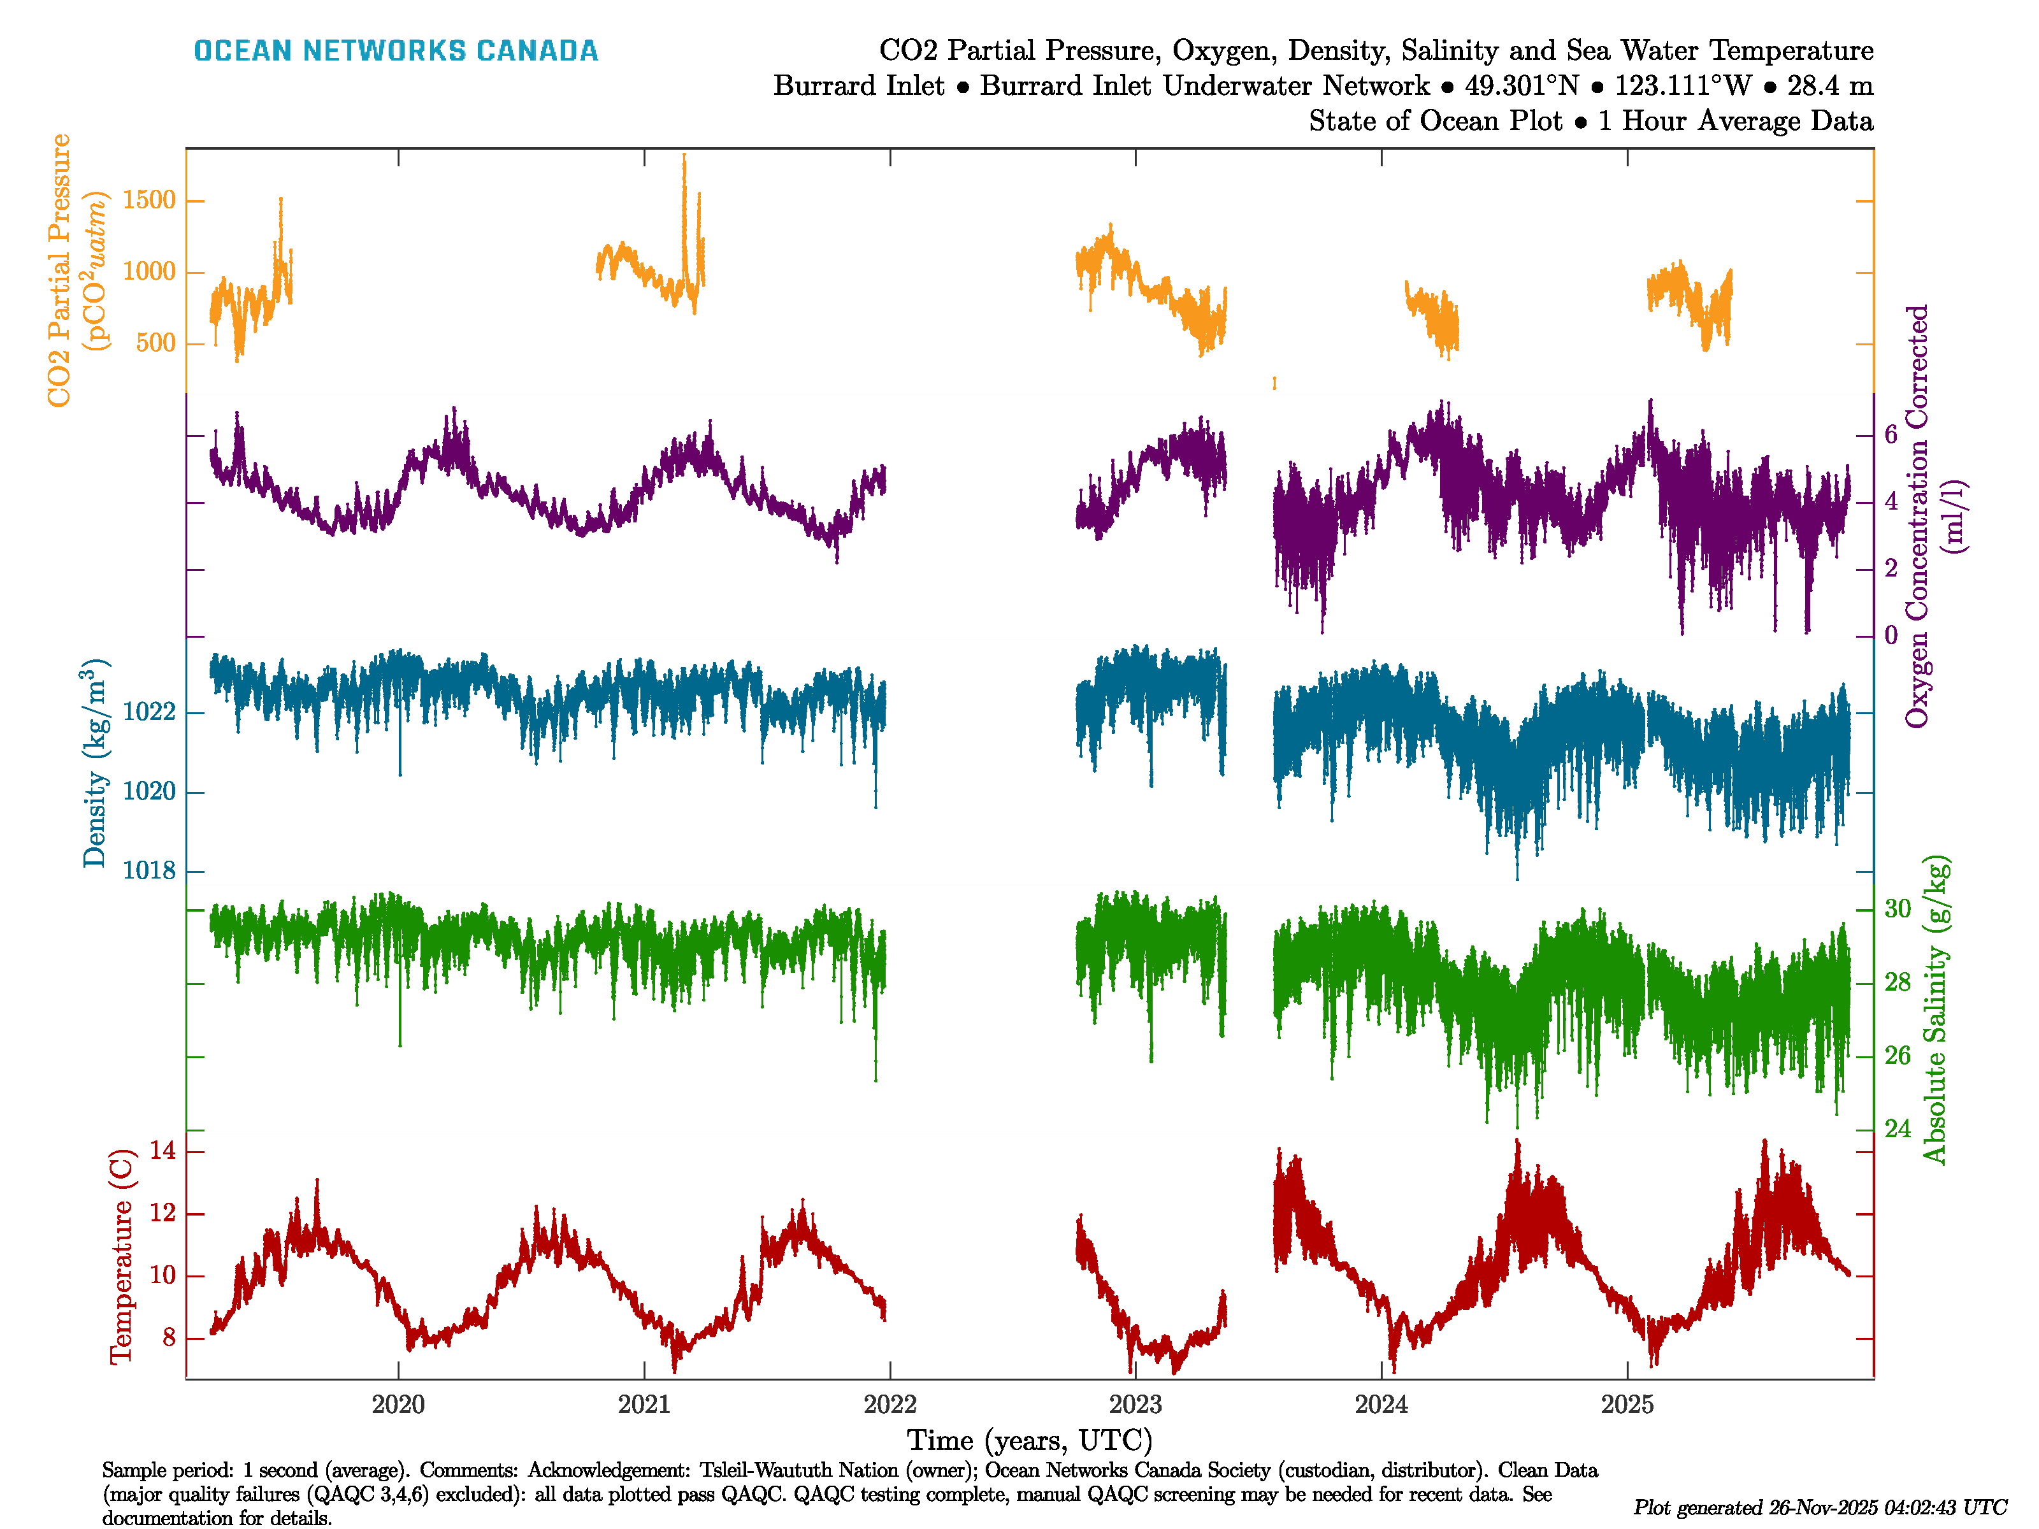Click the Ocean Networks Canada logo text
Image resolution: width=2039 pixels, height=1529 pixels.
396,51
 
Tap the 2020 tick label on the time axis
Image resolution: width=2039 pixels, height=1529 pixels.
398,1405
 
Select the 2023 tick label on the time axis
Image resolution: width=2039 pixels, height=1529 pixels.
1135,1405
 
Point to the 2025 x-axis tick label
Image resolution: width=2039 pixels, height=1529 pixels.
1627,1405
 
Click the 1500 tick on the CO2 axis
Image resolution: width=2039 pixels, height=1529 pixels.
148,200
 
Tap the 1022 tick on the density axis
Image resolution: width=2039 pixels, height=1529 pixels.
148,712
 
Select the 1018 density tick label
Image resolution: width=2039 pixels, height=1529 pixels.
148,871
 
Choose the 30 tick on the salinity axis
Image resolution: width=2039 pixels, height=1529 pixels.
1897,908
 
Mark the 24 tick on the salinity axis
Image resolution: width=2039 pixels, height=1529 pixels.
1897,1128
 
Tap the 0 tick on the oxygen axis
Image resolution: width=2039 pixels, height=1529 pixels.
1891,635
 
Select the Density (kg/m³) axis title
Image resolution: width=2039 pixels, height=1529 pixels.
95,763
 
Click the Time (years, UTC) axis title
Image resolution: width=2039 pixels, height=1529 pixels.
1030,1440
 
